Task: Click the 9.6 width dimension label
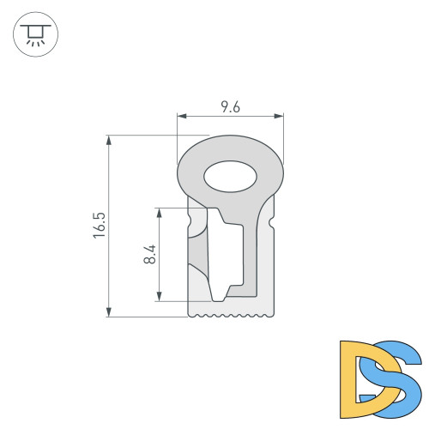[229, 107]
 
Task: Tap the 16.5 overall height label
[100, 226]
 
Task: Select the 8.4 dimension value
[150, 255]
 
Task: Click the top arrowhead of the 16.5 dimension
[109, 137]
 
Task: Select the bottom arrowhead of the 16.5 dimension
[109, 313]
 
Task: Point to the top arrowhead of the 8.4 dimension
[160, 210]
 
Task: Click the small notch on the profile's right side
[272, 224]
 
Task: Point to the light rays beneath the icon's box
[34, 42]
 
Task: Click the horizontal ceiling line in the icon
[34, 26]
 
